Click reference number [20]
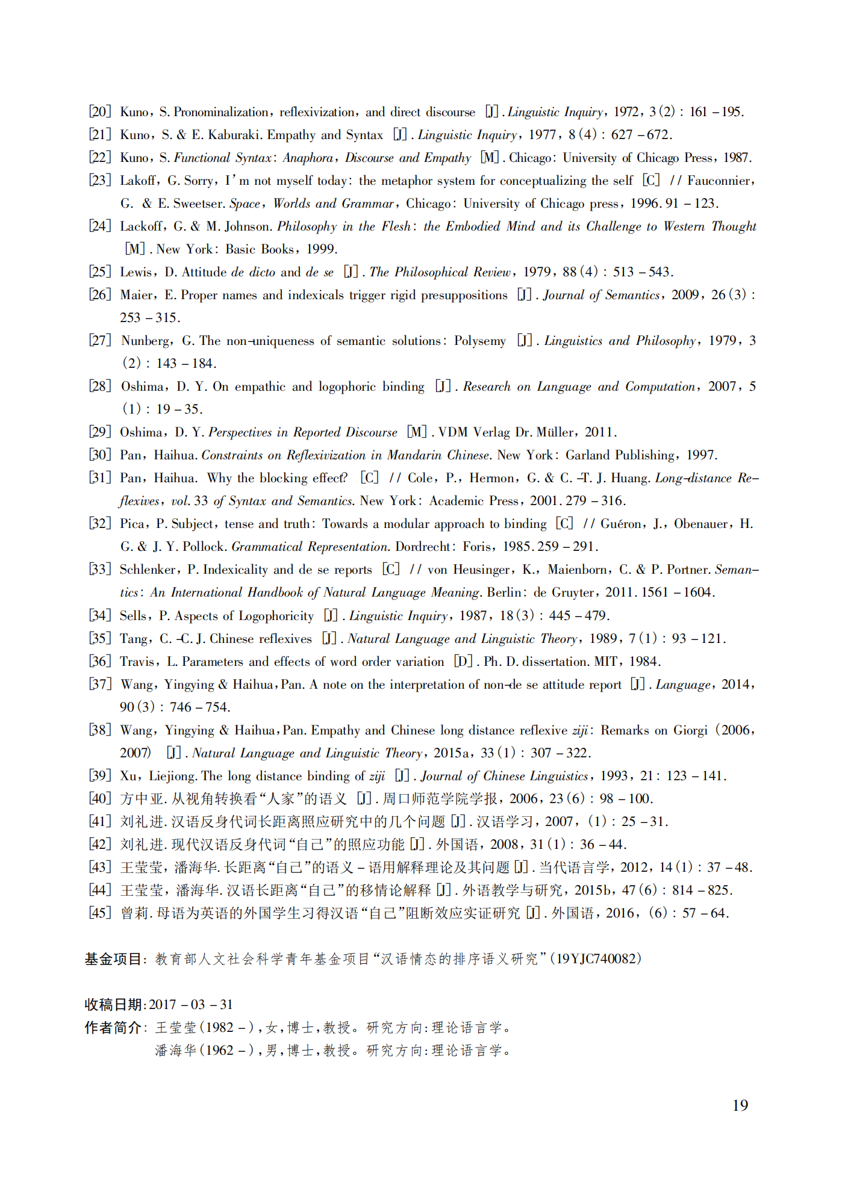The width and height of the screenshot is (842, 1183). pos(100,112)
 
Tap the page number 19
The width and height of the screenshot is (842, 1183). pos(740,1105)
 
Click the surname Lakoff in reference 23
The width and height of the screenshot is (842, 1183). pos(139,181)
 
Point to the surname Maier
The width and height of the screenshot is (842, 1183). pos(137,295)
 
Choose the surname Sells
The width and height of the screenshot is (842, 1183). pos(133,615)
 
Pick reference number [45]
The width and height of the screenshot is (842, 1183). pos(100,913)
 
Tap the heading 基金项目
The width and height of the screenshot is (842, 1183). pos(113,958)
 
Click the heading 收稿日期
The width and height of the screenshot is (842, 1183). pos(113,1004)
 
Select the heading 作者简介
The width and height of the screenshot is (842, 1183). pos(113,1027)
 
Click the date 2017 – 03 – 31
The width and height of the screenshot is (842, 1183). pos(190,1004)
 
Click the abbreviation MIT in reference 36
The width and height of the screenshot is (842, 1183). pos(605,662)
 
